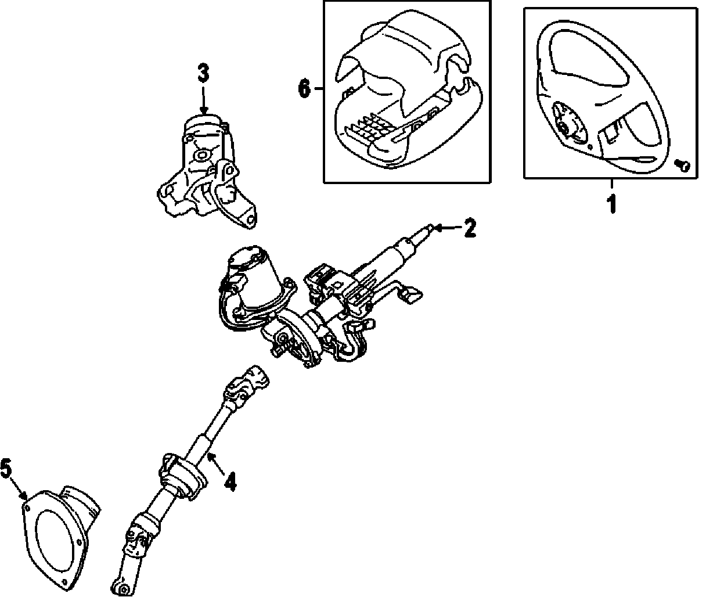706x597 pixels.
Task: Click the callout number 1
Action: point(611,204)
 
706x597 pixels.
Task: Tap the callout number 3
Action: point(203,74)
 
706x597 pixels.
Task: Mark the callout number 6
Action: point(304,89)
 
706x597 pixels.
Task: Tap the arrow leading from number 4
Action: point(215,464)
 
